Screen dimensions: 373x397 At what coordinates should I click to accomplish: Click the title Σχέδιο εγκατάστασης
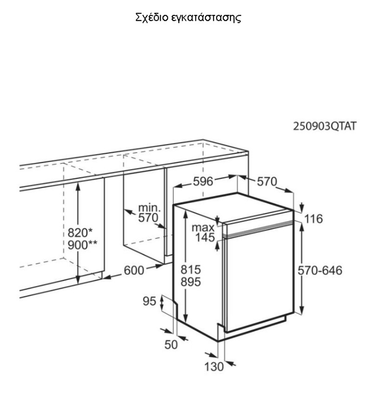point(188,18)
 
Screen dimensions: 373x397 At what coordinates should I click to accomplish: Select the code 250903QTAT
point(325,126)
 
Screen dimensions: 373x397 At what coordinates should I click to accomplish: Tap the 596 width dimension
point(203,181)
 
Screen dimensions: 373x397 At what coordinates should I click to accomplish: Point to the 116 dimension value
point(314,219)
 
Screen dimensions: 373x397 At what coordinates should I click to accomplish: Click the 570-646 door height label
point(320,270)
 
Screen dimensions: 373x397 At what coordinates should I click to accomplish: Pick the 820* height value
point(80,233)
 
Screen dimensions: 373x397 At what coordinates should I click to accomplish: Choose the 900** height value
point(82,245)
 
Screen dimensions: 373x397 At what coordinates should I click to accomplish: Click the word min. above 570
point(150,208)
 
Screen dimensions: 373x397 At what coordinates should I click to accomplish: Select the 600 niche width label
point(134,270)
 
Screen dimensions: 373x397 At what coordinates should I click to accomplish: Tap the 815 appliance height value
point(190,270)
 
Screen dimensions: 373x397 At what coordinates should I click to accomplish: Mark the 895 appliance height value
point(190,282)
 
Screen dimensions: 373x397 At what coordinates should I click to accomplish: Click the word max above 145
point(203,228)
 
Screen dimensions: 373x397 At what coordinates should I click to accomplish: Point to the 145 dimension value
point(205,237)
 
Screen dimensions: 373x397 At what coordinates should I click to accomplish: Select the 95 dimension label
point(150,301)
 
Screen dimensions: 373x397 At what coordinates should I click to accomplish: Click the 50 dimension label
point(171,345)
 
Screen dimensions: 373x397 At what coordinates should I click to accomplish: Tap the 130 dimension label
point(214,367)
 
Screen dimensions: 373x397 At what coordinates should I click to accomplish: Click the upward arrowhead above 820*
point(78,187)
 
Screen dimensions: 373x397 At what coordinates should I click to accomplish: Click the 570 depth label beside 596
point(267,182)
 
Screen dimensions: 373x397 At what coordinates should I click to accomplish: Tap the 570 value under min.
point(148,218)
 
